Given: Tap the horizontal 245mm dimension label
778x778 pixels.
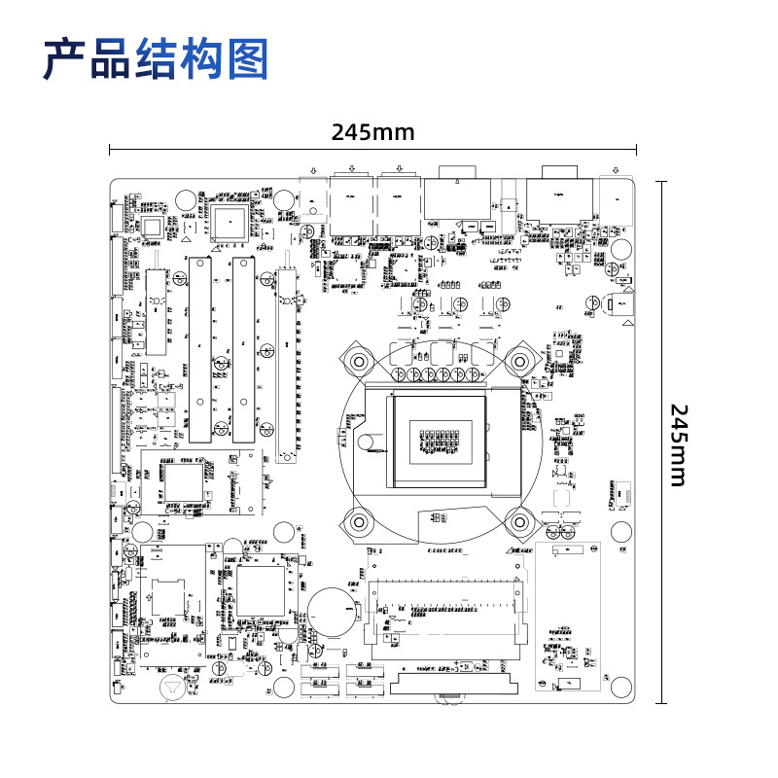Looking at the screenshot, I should pyautogui.click(x=372, y=131).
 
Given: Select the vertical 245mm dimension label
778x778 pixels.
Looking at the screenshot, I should pyautogui.click(x=678, y=444).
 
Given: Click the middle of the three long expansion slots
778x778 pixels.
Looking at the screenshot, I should pyautogui.click(x=241, y=350).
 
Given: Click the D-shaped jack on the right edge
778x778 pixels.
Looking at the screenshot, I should pyautogui.click(x=619, y=305).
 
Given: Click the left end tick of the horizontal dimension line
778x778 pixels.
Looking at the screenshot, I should pyautogui.click(x=110, y=150).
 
